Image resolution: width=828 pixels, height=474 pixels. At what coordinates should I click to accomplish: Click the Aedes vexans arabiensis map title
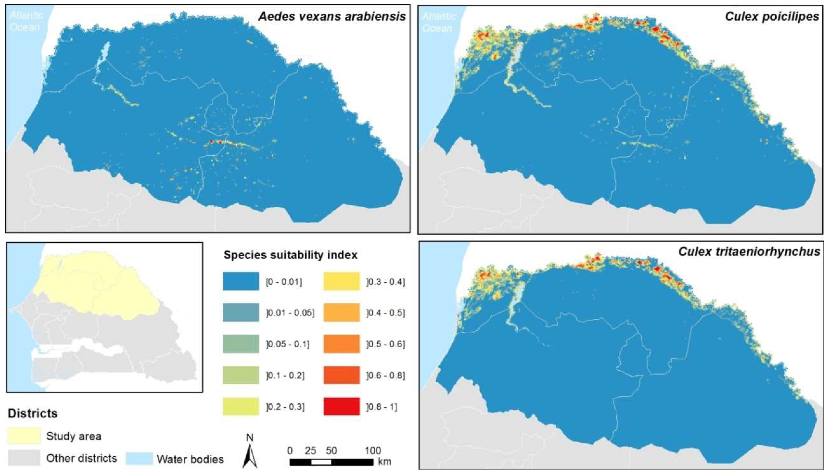click(332, 16)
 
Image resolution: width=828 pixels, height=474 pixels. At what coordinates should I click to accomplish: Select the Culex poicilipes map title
click(772, 16)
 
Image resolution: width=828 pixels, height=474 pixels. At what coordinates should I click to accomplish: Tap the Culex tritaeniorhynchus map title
click(749, 252)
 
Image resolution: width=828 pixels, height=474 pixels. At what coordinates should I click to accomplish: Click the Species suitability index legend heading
click(290, 255)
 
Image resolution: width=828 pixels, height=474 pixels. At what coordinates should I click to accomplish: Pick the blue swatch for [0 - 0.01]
click(241, 281)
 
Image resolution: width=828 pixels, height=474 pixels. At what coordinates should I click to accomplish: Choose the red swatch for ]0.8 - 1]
click(342, 406)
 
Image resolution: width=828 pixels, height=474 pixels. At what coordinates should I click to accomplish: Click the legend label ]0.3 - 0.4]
click(386, 282)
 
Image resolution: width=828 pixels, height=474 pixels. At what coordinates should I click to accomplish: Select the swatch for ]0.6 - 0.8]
click(342, 375)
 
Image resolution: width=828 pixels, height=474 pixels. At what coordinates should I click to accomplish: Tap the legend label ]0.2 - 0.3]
click(285, 407)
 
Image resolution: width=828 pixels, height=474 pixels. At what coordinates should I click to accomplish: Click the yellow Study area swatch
click(24, 436)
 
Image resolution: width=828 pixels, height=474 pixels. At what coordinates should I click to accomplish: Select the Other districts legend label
click(81, 458)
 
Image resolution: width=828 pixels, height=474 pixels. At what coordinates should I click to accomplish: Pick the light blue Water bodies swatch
click(139, 458)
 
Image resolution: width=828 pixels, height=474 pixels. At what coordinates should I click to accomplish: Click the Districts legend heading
click(33, 413)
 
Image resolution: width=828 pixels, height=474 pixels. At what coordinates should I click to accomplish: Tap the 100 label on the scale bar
click(373, 451)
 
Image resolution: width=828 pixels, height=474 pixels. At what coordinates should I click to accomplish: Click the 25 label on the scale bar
click(310, 451)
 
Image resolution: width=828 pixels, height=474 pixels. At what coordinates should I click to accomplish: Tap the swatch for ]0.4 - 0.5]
click(342, 312)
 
